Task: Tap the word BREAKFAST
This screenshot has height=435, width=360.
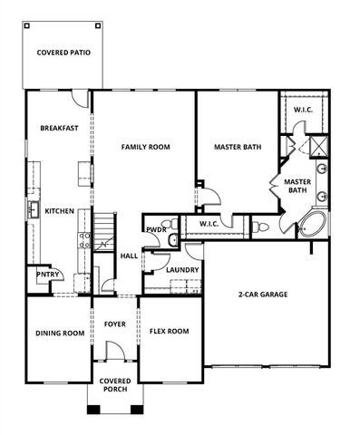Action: [x=59, y=128]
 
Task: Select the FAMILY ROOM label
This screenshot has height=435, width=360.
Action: [x=145, y=147]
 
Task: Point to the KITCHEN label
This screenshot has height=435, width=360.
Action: [x=60, y=210]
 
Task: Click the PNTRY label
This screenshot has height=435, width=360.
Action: [x=46, y=274]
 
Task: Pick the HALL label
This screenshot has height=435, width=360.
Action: [x=129, y=256]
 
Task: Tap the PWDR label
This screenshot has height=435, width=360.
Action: [x=155, y=229]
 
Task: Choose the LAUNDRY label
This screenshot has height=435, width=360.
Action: [x=182, y=269]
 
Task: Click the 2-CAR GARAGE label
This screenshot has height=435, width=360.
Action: [x=263, y=295]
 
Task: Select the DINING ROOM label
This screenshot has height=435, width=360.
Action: [x=60, y=333]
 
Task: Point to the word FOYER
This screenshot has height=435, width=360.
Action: [x=115, y=324]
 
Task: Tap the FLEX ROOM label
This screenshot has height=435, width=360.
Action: [x=169, y=332]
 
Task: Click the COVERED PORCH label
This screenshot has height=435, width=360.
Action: [x=115, y=385]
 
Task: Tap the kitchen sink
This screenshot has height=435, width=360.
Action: [x=30, y=210]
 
